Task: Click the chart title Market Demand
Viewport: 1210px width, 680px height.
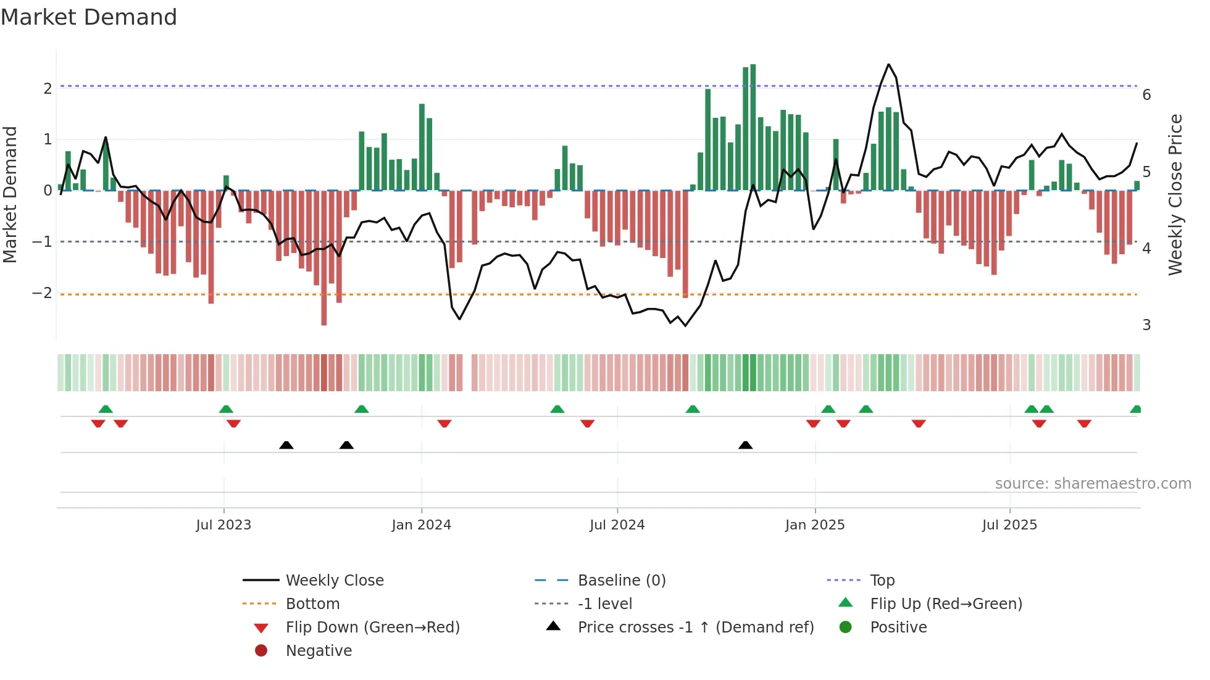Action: point(89,17)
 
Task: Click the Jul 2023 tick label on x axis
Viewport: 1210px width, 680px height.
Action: point(223,525)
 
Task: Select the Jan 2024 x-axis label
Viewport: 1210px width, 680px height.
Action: point(421,525)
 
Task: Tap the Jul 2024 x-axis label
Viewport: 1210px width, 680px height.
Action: point(617,525)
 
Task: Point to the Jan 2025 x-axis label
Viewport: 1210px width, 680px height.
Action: point(815,525)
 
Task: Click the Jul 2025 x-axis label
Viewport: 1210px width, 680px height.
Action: point(1009,525)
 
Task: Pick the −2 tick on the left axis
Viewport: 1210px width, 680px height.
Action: point(42,293)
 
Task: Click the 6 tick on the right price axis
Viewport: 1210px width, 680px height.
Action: point(1146,95)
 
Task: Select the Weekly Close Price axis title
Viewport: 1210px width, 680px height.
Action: point(1176,194)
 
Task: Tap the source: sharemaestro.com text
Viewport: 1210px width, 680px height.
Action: point(1093,484)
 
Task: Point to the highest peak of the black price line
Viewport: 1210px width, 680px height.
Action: point(888,64)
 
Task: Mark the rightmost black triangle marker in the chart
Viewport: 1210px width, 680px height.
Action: point(745,445)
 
